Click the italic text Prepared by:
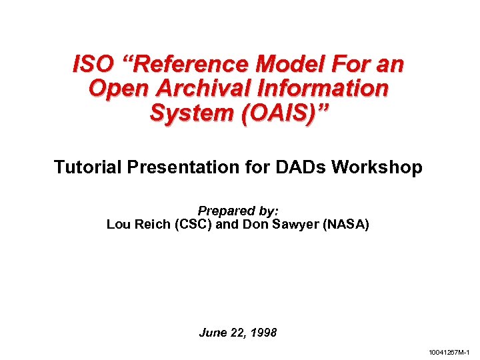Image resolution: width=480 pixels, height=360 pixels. click(x=238, y=211)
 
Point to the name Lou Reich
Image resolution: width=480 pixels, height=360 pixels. click(x=138, y=224)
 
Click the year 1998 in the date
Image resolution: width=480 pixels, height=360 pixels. click(x=263, y=332)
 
